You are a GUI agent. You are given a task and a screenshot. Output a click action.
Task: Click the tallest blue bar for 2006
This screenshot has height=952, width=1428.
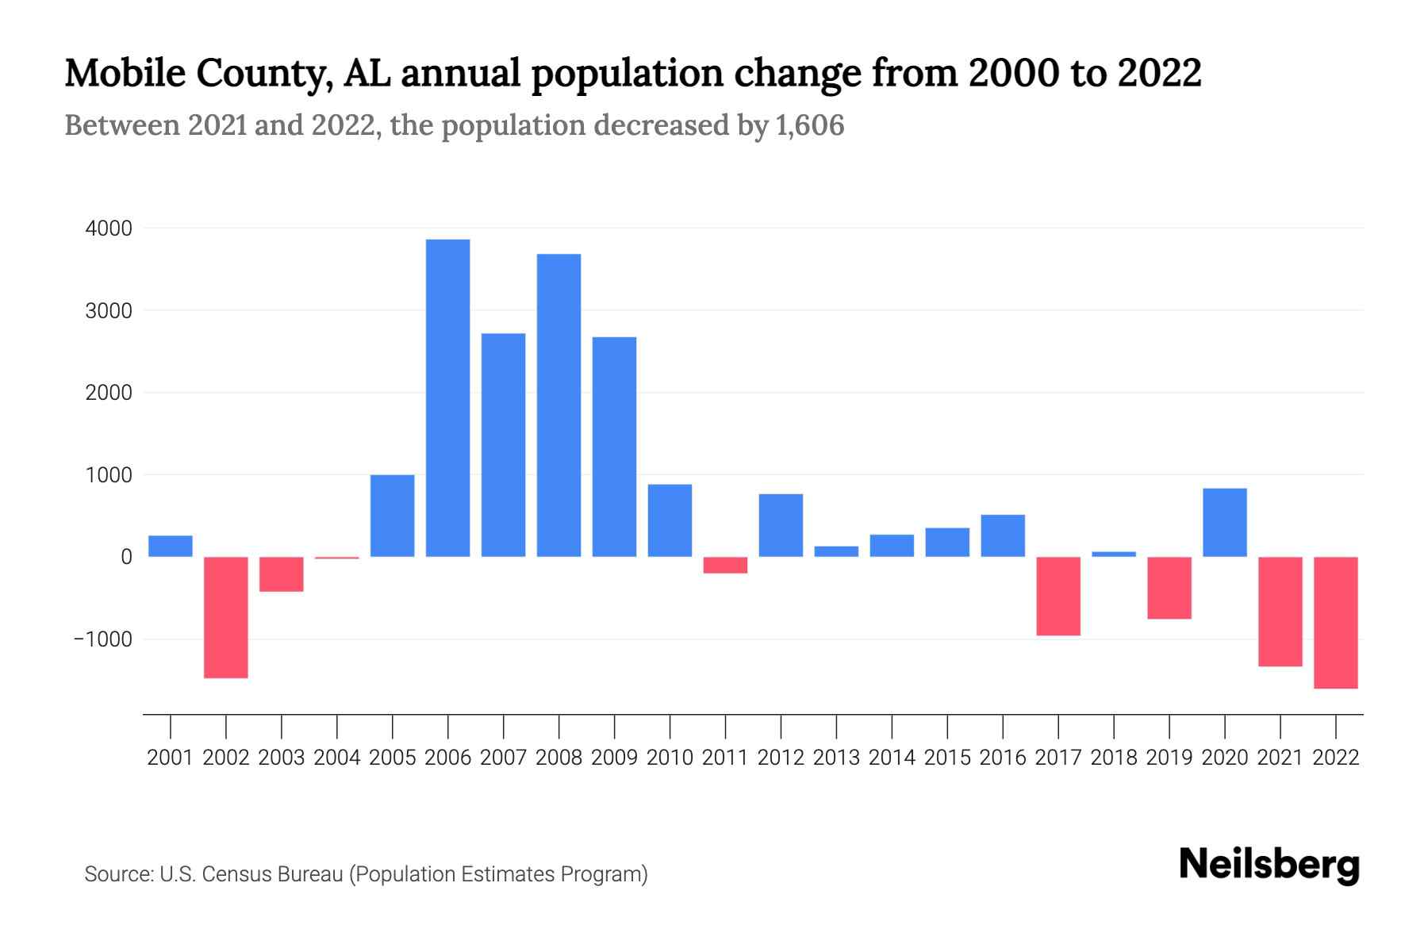(447, 397)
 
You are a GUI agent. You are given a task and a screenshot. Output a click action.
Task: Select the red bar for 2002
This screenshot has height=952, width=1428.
(226, 617)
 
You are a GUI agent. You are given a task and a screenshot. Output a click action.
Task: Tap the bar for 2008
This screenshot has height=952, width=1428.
(559, 405)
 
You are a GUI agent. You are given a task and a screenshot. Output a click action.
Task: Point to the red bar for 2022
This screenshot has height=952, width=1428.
(1335, 622)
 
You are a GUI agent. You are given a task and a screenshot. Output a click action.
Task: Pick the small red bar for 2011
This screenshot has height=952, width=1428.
(725, 565)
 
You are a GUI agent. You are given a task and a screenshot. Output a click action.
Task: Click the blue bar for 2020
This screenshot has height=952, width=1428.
(1224, 522)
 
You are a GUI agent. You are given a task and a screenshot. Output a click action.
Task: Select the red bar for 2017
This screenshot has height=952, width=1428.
(1058, 596)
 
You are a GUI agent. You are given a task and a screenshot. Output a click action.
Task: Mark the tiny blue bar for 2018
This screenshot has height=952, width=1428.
(1113, 554)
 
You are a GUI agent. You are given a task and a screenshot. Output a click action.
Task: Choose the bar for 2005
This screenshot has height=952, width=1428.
(392, 516)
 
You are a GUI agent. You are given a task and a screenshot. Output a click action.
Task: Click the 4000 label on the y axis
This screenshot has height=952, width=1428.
(109, 228)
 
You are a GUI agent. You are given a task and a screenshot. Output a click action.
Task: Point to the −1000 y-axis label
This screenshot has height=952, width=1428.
(102, 639)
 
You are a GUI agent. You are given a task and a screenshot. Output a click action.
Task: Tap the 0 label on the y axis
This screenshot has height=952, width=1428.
(126, 557)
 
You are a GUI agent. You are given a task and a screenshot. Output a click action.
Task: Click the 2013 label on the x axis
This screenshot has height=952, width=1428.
(836, 758)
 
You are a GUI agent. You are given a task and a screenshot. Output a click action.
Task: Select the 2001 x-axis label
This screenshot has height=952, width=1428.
(171, 758)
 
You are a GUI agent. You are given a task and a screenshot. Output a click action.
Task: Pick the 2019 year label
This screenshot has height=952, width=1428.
(1169, 758)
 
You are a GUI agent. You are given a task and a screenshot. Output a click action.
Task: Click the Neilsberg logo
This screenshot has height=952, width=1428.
(1269, 865)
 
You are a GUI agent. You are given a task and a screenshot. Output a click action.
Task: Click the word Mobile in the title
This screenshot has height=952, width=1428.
(124, 73)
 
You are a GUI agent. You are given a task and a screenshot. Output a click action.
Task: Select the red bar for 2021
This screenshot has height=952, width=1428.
(1280, 612)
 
